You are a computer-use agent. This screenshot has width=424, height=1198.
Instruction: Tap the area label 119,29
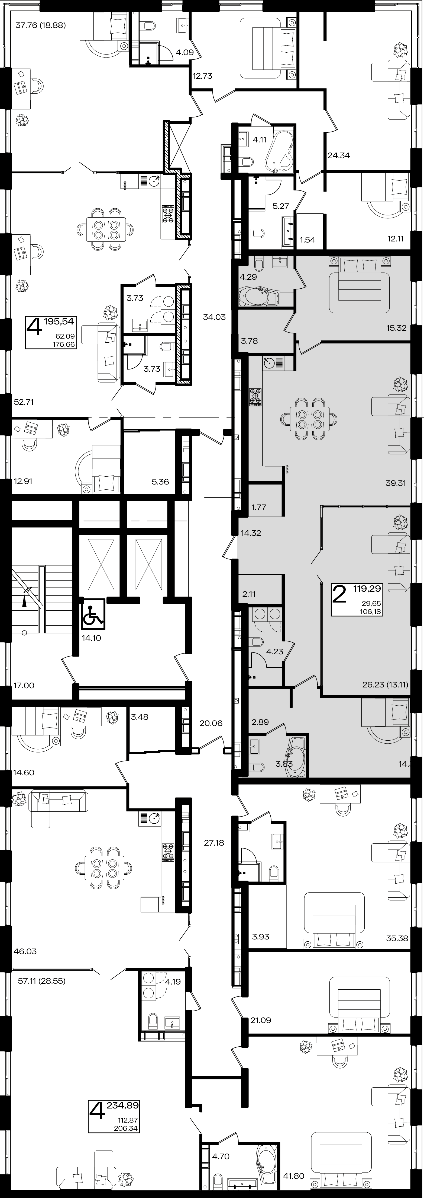click(x=367, y=589)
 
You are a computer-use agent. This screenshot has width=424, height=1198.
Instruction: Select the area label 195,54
click(x=59, y=321)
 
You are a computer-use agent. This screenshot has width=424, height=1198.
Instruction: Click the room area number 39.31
click(x=396, y=483)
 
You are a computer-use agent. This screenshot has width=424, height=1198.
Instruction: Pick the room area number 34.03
click(x=214, y=317)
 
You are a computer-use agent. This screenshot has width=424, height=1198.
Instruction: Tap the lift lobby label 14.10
click(x=92, y=638)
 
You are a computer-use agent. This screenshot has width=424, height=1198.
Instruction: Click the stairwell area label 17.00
click(x=24, y=686)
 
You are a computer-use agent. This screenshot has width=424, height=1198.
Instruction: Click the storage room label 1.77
click(x=259, y=507)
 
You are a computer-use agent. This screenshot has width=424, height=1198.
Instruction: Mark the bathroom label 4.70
click(x=221, y=1156)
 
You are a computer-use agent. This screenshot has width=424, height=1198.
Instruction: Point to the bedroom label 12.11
click(x=396, y=239)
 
